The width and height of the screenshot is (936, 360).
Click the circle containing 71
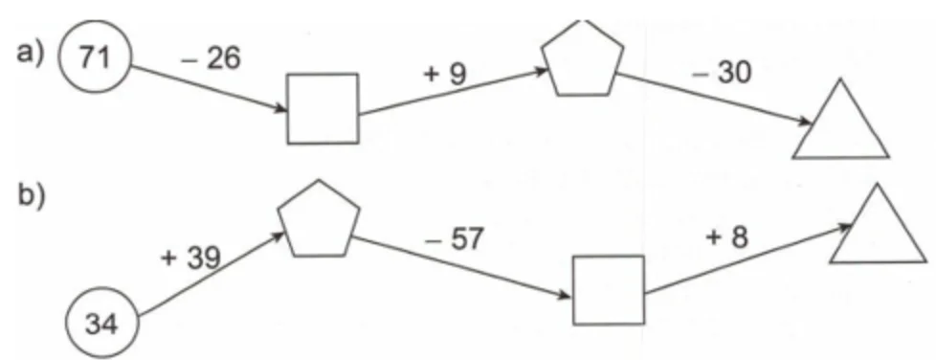pyautogui.click(x=95, y=57)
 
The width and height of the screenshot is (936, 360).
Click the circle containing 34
pyautogui.click(x=102, y=325)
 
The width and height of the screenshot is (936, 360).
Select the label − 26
pyautogui.click(x=211, y=58)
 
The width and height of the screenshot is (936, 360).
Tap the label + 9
pyautogui.click(x=444, y=74)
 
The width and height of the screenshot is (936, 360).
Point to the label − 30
pyautogui.click(x=721, y=74)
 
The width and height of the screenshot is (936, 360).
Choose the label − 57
pyautogui.click(x=453, y=239)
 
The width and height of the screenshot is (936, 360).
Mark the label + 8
pyautogui.click(x=726, y=238)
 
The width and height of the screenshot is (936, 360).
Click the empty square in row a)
pyautogui.click(x=323, y=108)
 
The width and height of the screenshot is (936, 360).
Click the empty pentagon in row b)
pyautogui.click(x=319, y=219)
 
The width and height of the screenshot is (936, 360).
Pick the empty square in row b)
pyautogui.click(x=609, y=290)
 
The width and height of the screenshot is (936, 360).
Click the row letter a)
pyautogui.click(x=30, y=54)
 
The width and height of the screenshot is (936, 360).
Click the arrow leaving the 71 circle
pyautogui.click(x=209, y=88)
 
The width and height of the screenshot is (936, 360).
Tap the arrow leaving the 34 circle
pyautogui.click(x=212, y=274)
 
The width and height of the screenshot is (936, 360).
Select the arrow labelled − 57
pyautogui.click(x=462, y=267)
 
